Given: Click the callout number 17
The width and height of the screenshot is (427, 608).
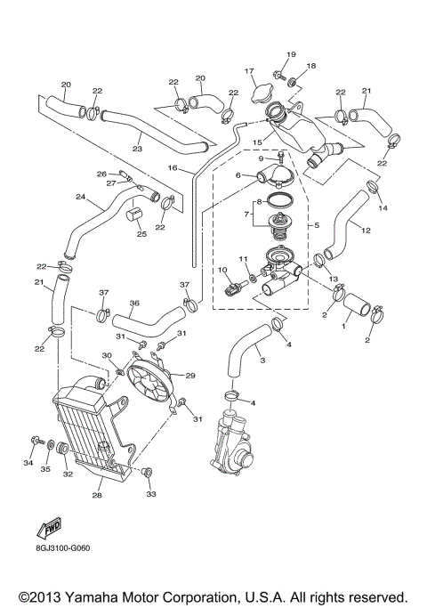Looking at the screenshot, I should [x=250, y=71].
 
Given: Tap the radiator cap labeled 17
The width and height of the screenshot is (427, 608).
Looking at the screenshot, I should [x=262, y=92].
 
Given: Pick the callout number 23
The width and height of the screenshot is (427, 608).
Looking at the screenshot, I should [x=137, y=150].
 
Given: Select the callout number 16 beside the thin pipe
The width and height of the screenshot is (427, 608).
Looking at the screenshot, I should [x=174, y=166].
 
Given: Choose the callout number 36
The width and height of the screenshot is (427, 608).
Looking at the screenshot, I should [x=134, y=303].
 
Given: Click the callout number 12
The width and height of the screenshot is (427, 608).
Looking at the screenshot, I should [x=366, y=231].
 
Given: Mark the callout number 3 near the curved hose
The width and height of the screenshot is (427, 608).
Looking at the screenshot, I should [x=262, y=361].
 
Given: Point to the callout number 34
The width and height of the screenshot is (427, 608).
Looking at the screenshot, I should [x=28, y=464].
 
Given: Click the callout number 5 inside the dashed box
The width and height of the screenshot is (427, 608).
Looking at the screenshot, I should [x=315, y=226].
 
